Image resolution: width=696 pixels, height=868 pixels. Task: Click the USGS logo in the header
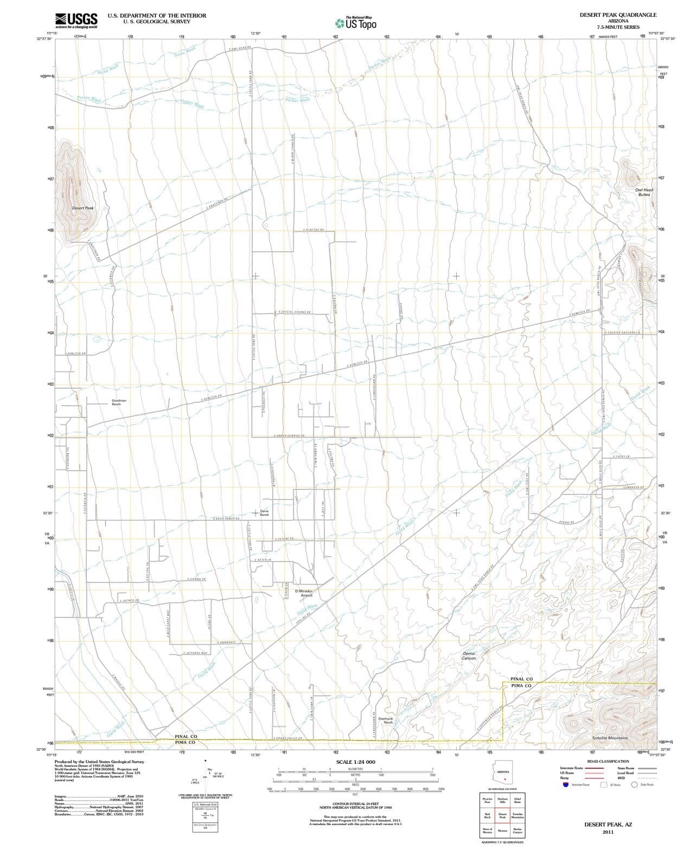pos(76,20)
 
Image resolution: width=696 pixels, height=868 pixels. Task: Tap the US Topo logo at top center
pos(356,23)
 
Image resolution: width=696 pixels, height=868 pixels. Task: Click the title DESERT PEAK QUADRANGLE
pos(618,15)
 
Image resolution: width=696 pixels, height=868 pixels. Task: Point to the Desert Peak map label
pos(83,208)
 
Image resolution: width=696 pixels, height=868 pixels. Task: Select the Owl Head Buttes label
pos(644,192)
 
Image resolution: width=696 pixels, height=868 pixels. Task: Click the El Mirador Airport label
pos(304,593)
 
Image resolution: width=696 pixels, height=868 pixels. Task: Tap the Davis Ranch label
pos(264,513)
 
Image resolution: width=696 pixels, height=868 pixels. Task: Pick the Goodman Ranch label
pos(119,403)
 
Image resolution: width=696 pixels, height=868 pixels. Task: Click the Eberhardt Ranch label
pos(385,720)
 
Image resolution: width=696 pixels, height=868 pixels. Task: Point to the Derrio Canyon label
pos(469,656)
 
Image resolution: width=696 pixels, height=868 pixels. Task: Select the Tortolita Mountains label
pos(610,738)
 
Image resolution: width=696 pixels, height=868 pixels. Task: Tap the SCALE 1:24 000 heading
pos(355,762)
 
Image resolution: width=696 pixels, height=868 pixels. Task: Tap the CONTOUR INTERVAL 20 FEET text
pos(355,804)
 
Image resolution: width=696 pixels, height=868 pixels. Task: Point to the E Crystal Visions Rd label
pos(294,312)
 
